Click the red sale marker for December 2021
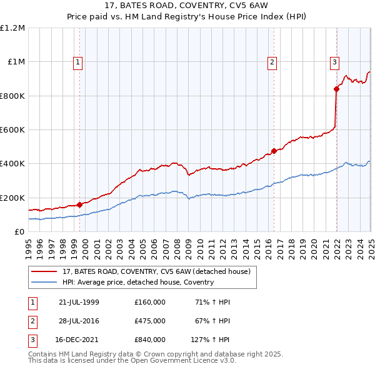coord(336,89)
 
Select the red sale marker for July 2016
coord(274,151)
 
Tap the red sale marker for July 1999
coord(79,205)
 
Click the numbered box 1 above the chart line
coord(77,62)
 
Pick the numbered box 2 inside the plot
coord(272,62)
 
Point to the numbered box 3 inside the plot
coord(334,62)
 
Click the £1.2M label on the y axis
coord(12,28)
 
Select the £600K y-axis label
coord(12,130)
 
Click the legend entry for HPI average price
coord(138,282)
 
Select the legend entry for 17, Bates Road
coord(156,271)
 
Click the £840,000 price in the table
coord(149,340)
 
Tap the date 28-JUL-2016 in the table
coord(79,321)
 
